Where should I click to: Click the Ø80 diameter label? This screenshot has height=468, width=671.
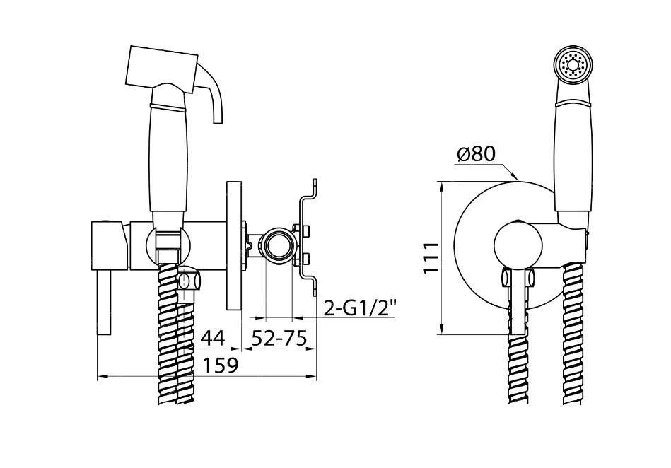tap(476, 154)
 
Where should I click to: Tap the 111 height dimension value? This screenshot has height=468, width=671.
tap(431, 257)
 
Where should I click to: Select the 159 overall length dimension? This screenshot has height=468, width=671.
tap(220, 365)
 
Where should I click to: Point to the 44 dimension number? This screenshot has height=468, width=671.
tap(213, 339)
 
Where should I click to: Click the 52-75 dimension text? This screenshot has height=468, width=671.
tap(279, 339)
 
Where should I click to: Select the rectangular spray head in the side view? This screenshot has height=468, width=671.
tap(162, 68)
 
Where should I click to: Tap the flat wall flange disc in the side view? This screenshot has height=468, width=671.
tap(234, 245)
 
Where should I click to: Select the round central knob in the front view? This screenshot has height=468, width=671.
tap(518, 247)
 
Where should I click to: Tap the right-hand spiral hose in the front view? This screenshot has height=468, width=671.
tap(573, 334)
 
